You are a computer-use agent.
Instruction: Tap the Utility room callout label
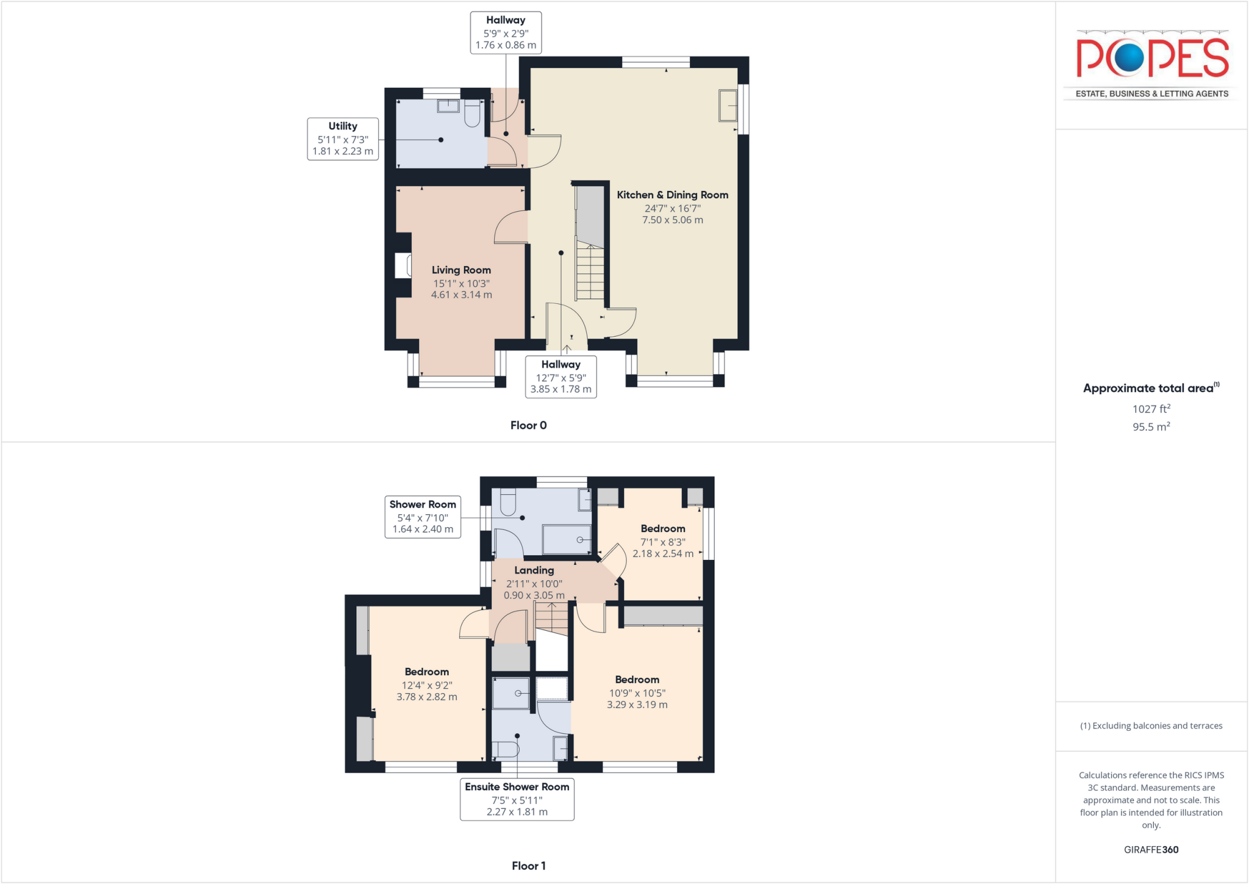[343, 139]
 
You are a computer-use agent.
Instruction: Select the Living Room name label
[461, 270]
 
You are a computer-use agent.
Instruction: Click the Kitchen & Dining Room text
[672, 195]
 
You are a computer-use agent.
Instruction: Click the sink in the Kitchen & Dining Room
[728, 106]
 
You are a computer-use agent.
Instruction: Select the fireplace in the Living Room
[403, 266]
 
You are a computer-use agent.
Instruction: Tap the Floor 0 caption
[528, 425]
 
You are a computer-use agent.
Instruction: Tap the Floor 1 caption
[528, 866]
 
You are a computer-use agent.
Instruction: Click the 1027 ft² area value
[1151, 409]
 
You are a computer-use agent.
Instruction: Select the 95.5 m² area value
[1151, 427]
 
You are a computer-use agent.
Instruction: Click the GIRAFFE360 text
[1151, 849]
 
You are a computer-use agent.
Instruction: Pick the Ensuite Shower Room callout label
[517, 799]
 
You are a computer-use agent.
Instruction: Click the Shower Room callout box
[423, 517]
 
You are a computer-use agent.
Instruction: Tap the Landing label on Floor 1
[534, 570]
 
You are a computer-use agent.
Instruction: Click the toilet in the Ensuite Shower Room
[506, 749]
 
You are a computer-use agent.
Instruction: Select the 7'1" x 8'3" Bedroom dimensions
[662, 548]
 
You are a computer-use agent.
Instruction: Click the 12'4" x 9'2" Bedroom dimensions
[426, 691]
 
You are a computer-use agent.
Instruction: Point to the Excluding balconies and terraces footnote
[1151, 726]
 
